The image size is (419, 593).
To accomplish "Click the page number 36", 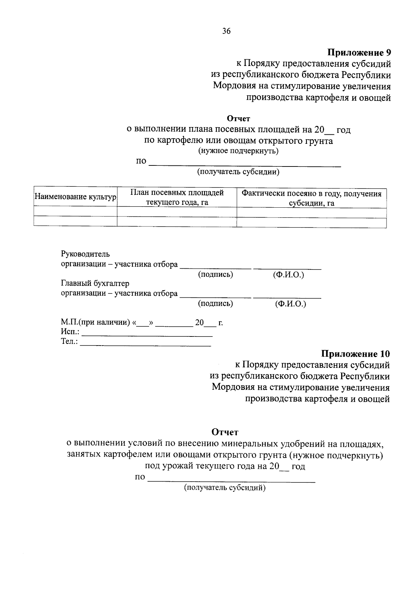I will point(226,31).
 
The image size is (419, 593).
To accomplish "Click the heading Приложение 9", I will point(359,53).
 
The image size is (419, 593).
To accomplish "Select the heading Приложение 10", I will point(355,354).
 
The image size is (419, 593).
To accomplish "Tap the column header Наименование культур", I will point(75,197).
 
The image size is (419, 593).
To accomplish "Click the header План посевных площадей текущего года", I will point(177,198).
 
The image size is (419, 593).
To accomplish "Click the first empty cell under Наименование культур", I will point(75,212).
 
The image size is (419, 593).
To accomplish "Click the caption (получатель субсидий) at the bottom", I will point(225,488).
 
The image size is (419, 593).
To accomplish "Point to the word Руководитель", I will point(85,254).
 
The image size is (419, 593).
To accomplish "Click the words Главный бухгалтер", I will point(95,283).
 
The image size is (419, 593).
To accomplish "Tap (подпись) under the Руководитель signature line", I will point(215,275).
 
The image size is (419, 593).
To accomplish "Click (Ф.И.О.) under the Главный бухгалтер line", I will point(290,304).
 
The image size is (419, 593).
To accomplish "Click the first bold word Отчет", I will point(238,119).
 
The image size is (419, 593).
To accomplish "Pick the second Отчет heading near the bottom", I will point(225,432).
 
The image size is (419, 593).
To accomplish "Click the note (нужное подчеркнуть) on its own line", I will point(238,151).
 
